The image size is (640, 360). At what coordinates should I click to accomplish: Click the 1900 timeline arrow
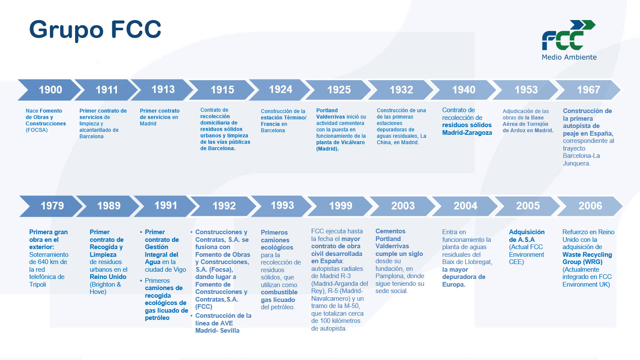(49, 90)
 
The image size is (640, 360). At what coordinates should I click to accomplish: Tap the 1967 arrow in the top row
(588, 90)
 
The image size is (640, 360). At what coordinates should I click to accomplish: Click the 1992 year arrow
(224, 206)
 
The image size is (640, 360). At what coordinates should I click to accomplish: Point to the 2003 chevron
(402, 206)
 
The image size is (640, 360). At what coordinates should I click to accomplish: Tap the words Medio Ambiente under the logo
(569, 57)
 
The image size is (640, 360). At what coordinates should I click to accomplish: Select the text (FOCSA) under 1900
(37, 130)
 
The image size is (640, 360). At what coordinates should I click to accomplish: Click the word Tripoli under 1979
(38, 285)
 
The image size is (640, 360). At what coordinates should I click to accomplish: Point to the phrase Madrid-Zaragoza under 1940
(467, 133)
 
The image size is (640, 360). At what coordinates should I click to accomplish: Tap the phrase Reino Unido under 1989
(108, 277)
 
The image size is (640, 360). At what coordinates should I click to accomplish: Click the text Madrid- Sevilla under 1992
(217, 331)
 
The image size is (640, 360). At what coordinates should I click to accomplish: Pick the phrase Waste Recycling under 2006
(587, 255)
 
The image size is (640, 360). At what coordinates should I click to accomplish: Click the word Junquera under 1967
(576, 163)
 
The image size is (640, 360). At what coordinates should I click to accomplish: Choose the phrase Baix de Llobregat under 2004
(467, 262)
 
